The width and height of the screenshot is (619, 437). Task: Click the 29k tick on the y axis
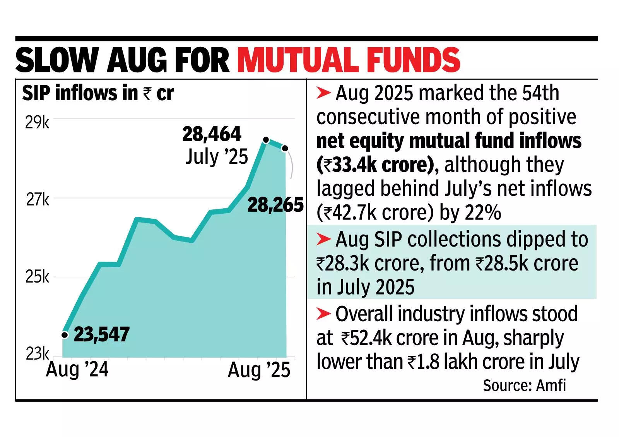click(x=37, y=123)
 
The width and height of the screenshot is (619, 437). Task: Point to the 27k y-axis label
click(x=38, y=200)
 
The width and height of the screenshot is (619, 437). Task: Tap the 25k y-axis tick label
click(x=37, y=277)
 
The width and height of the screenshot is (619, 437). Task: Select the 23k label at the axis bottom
click(x=37, y=354)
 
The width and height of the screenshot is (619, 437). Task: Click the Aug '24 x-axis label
click(x=77, y=370)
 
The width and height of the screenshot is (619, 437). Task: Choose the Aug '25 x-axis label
click(x=259, y=370)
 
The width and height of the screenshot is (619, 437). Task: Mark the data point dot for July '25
click(x=265, y=140)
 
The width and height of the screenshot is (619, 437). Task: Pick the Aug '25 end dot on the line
click(x=285, y=148)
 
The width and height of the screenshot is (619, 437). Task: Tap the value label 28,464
click(x=212, y=134)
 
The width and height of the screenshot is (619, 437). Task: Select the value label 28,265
click(x=275, y=205)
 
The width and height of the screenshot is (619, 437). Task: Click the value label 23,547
click(x=101, y=334)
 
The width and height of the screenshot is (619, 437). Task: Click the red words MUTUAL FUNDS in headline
click(x=349, y=60)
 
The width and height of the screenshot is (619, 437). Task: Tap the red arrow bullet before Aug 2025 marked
click(x=323, y=93)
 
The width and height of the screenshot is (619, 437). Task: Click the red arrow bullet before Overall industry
click(x=323, y=314)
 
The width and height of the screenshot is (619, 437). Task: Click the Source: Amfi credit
click(x=524, y=386)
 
